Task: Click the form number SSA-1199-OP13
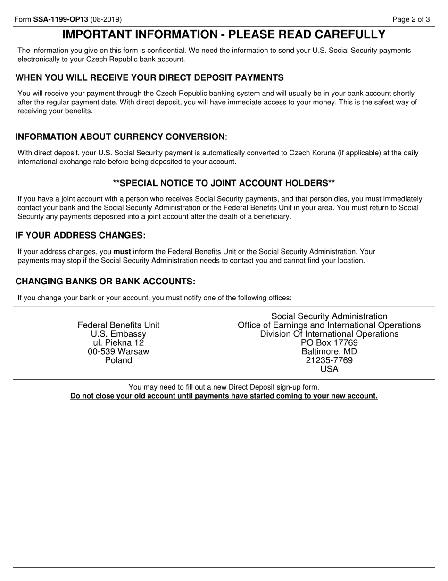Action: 60,19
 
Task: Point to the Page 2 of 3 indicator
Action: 411,19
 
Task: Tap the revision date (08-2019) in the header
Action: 106,19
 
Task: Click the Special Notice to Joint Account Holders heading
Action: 224,183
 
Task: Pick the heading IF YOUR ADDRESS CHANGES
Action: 81,235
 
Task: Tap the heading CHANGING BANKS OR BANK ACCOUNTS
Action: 105,282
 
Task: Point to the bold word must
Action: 122,252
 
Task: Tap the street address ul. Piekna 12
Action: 118,342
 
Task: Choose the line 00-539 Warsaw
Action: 118,351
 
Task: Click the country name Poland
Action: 118,360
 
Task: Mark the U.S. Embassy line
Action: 118,334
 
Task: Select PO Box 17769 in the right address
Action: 329,343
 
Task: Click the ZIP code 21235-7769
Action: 329,360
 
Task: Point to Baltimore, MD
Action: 329,352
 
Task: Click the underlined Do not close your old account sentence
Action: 224,396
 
